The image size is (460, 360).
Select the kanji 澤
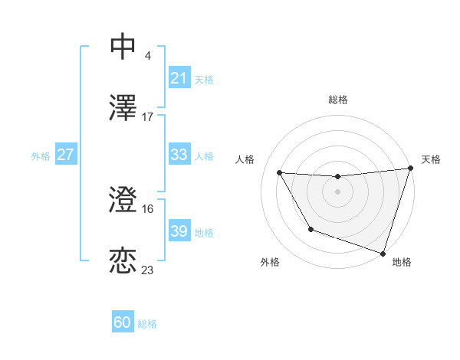pos(123,107)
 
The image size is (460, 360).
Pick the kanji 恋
pos(123,260)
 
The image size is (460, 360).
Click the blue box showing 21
pos(179,78)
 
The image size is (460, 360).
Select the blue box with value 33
pos(179,155)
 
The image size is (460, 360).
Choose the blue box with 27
pos(65,155)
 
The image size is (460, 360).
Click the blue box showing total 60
pos(123,322)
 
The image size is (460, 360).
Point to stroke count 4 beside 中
pos(147,55)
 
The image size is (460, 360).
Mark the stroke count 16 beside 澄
pos(147,208)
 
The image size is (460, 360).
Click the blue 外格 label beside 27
pos(41,155)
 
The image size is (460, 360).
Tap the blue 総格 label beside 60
pos(147,324)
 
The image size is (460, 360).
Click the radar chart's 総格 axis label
pos(337,100)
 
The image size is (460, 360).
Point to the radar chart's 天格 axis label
pos(431,159)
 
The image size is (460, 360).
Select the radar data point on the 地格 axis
pos(383,253)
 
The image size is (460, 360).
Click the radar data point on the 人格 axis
pos(280,173)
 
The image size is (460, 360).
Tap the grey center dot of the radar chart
pos(337,191)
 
